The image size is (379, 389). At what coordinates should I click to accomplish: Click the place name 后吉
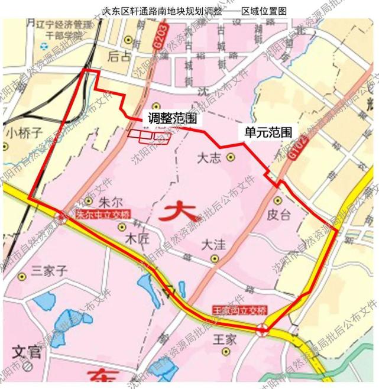tap(119, 56)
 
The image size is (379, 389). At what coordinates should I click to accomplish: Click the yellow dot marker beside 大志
tap(230, 157)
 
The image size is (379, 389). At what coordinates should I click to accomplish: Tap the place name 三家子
tap(50, 271)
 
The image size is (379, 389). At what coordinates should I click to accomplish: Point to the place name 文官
tap(26, 354)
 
